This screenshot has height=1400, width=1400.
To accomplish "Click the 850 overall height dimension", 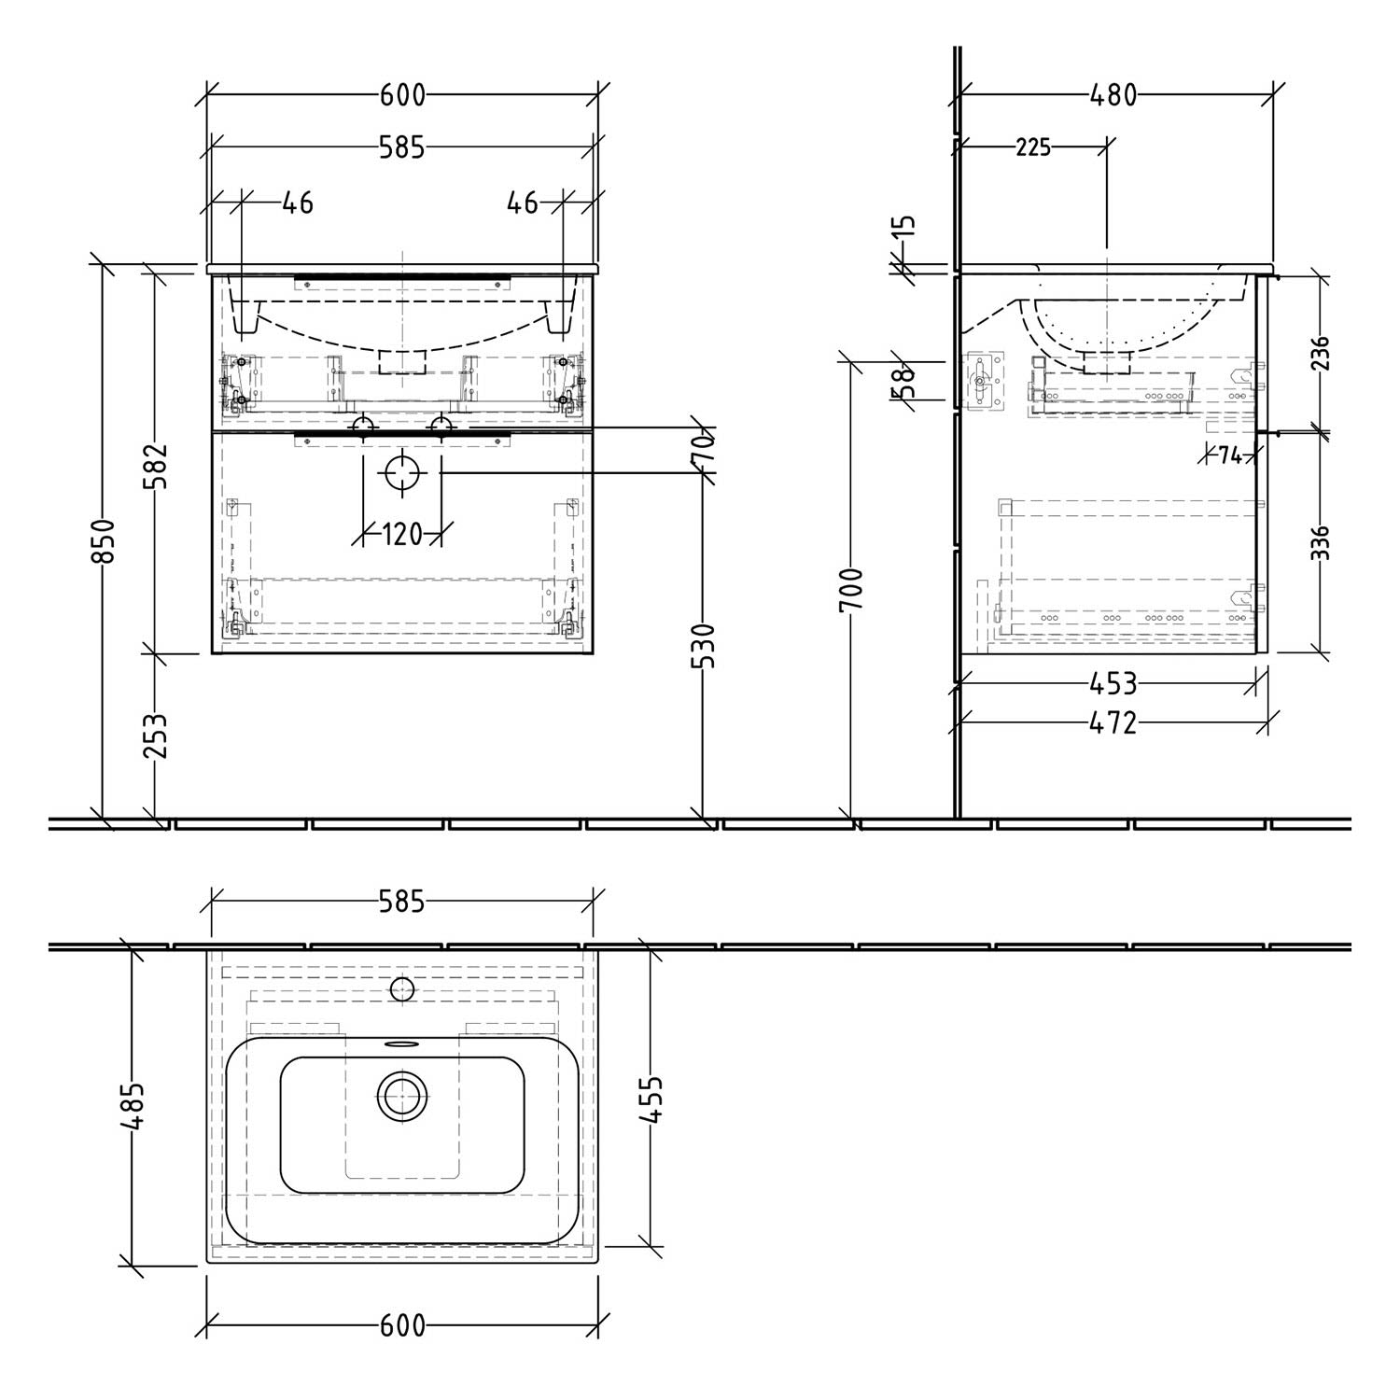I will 104,540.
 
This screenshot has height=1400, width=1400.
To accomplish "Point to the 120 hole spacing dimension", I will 402,535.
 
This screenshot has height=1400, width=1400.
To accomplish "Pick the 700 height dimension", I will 851,590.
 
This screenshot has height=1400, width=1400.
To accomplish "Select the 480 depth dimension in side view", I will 1113,95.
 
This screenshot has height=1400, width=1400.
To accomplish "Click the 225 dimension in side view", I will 1032,147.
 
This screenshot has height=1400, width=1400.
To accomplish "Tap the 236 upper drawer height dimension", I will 1321,353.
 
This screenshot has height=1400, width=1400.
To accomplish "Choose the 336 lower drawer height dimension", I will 1321,543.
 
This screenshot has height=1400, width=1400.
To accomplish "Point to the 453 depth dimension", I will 1113,684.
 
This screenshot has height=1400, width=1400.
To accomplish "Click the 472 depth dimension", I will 1113,721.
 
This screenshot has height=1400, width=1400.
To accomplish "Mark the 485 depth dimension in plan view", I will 132,1105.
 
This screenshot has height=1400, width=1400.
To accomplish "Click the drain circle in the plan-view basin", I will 402,1096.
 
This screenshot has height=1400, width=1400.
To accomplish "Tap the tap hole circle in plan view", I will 402,988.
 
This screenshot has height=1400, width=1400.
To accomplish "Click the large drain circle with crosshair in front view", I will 402,473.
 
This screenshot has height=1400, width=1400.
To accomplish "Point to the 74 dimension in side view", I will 1229,456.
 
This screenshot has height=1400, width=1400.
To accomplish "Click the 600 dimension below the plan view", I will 402,1325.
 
